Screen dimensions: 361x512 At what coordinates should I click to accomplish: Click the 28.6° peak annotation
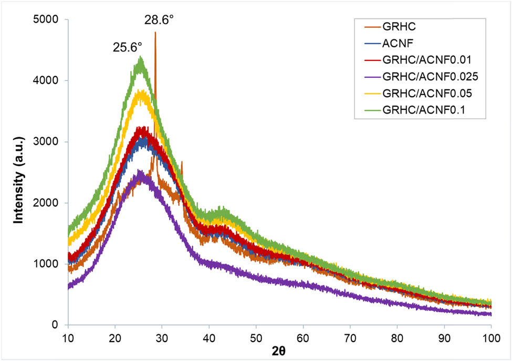(159, 20)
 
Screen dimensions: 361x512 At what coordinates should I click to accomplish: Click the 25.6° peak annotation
(128, 48)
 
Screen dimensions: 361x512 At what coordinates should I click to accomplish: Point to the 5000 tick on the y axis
(49, 20)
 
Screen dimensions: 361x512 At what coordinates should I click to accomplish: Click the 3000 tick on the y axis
(49, 142)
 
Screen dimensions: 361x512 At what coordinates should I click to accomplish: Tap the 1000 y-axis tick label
(49, 264)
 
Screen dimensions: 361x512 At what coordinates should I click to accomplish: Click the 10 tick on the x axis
(68, 335)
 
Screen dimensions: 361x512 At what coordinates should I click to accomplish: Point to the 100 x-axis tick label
(491, 335)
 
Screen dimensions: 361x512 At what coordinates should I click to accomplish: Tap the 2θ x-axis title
(279, 350)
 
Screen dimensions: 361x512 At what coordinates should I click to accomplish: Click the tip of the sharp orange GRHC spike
(155, 33)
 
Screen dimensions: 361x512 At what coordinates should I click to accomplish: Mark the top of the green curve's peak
(140, 57)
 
